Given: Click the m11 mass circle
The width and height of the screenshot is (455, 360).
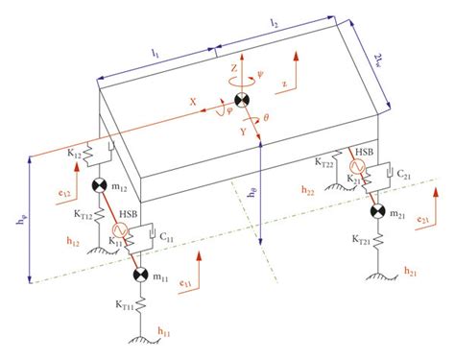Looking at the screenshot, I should point(141,276).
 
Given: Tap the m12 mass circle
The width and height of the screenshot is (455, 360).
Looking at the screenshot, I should point(97,186).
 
